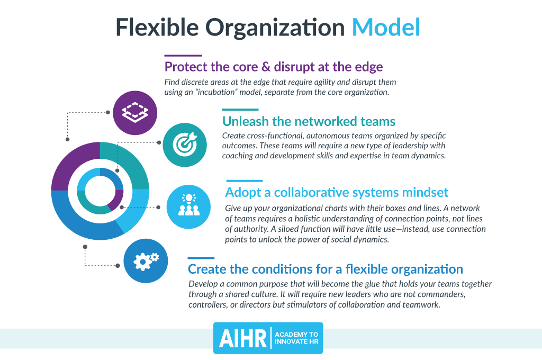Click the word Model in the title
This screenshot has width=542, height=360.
(386, 27)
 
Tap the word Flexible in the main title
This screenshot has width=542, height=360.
(157, 27)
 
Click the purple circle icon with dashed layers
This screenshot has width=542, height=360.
(135, 113)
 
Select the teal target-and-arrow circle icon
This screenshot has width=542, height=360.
(185, 145)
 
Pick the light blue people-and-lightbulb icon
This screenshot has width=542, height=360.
(189, 207)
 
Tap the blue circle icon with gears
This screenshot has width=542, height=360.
(146, 261)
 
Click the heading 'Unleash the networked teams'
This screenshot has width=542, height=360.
(309, 121)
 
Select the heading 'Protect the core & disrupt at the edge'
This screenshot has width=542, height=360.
(274, 67)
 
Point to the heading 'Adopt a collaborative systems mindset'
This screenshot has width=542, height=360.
(337, 192)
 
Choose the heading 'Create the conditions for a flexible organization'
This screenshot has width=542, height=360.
(326, 269)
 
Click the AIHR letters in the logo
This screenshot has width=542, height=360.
(242, 338)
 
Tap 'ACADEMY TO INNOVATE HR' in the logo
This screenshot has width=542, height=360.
(296, 338)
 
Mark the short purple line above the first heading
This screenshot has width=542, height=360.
(183, 56)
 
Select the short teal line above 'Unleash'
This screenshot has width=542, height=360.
(240, 110)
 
